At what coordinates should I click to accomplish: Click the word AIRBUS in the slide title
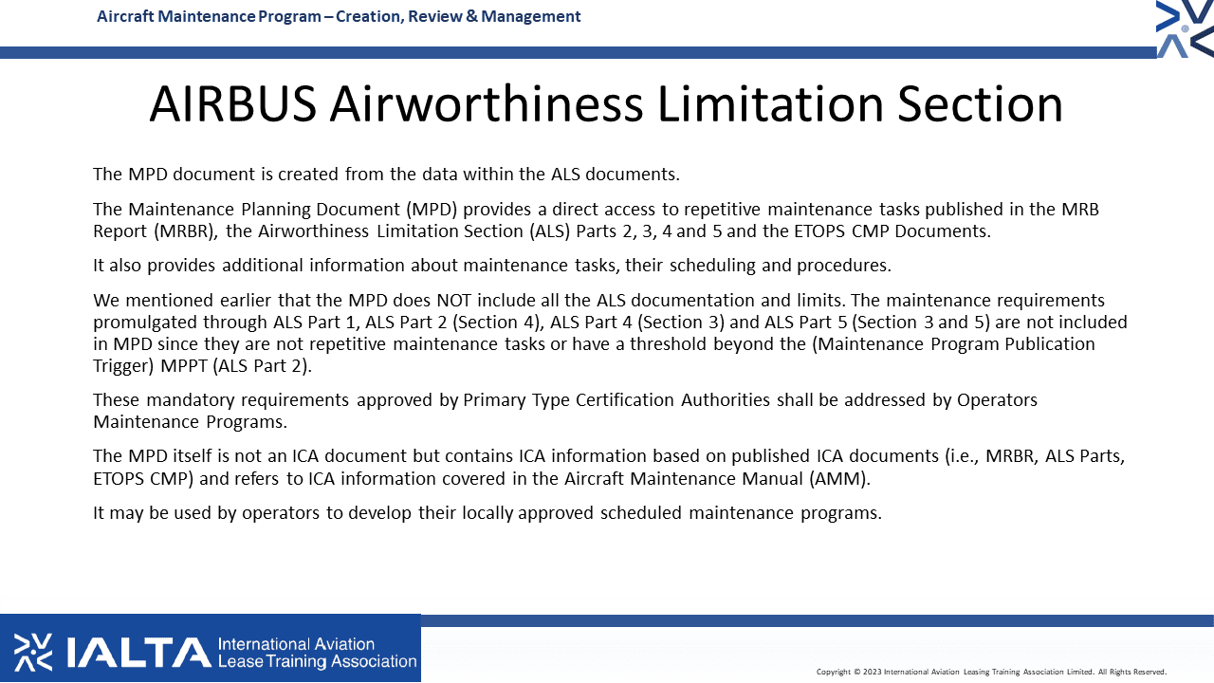pos(233,104)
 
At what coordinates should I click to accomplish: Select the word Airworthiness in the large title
pos(487,104)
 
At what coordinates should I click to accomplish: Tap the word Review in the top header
pos(433,16)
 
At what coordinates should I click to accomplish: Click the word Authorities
pos(726,400)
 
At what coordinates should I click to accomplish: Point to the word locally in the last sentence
pos(487,513)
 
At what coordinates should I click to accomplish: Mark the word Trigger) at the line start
pos(123,366)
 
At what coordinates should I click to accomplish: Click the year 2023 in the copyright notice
pos(872,673)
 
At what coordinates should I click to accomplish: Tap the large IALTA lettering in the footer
pos(138,653)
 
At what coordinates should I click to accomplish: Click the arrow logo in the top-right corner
pos(1185,28)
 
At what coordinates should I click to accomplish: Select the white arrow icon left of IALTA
pos(33,653)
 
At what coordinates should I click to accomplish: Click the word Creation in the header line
pos(369,16)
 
